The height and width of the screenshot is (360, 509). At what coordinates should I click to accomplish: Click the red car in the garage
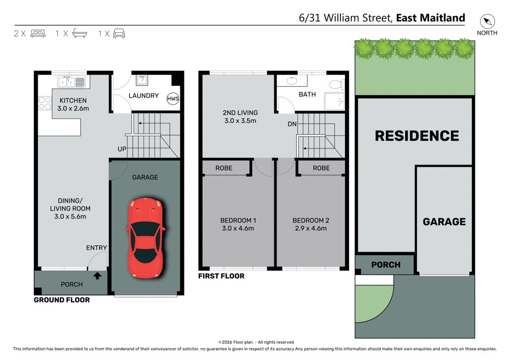(x=145, y=238)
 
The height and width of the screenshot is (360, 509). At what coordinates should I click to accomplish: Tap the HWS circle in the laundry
(x=173, y=98)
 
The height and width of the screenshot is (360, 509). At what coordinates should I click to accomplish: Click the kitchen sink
(x=72, y=81)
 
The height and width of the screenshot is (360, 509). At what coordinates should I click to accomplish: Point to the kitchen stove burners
(x=45, y=103)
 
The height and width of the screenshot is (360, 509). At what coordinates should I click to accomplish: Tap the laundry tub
(x=142, y=80)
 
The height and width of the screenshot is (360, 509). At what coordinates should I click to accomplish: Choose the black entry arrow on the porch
(x=98, y=274)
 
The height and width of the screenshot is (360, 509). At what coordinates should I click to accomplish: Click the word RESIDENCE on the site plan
(x=417, y=136)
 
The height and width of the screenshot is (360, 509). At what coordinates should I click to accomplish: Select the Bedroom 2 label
(x=311, y=220)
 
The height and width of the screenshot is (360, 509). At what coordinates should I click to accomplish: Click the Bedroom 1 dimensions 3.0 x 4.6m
(x=239, y=229)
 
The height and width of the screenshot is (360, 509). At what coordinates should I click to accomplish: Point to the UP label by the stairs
(x=122, y=149)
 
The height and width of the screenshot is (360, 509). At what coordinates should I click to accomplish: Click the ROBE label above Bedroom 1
(x=224, y=168)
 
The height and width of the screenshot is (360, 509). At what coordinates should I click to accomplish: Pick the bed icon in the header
(x=38, y=33)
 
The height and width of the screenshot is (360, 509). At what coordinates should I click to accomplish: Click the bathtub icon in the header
(x=80, y=33)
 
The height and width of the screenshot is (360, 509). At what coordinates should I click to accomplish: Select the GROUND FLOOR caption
(x=62, y=300)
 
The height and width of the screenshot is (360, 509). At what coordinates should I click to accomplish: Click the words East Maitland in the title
(x=430, y=18)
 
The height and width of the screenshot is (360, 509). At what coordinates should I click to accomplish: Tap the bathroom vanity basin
(x=292, y=81)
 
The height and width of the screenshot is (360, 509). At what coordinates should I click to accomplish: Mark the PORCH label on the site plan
(x=385, y=265)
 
